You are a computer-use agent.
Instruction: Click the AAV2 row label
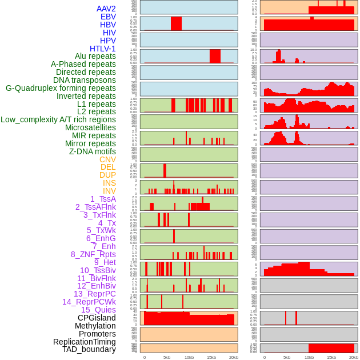coord(106,9)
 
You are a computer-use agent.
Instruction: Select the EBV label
coord(107,17)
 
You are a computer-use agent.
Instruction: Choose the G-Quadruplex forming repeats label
coord(61,88)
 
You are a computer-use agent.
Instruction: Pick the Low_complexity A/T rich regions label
coord(58,119)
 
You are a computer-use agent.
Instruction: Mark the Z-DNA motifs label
coord(92,151)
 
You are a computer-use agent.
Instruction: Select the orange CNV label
coord(107,159)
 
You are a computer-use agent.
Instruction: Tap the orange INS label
coord(109,183)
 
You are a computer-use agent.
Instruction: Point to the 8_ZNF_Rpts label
coord(93,254)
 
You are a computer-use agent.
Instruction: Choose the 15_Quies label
coord(98,310)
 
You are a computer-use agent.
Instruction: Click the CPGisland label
coord(97,318)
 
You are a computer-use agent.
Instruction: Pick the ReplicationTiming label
coord(84,342)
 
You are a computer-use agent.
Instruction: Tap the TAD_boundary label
coord(89,349)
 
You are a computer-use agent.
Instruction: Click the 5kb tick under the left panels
coord(167,357)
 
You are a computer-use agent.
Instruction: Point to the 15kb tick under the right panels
coord(331,357)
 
